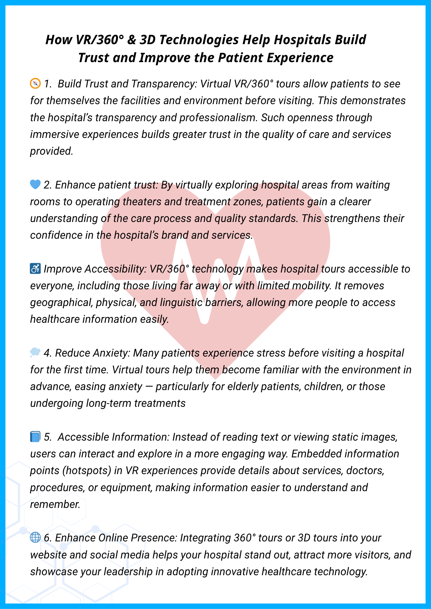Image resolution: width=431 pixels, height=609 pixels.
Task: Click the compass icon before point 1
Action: pos(35,83)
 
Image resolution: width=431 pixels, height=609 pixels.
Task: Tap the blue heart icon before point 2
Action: pos(35,185)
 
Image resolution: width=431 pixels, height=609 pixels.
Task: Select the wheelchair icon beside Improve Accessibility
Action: pos(35,269)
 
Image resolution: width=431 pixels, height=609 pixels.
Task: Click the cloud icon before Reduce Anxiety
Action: pos(35,353)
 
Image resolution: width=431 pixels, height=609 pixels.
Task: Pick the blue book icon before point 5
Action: pos(35,437)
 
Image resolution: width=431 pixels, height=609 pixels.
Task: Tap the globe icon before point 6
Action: pos(35,538)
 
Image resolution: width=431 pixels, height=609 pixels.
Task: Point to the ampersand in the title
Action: pos(131,40)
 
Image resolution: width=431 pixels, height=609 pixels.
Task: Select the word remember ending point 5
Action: pos(55,504)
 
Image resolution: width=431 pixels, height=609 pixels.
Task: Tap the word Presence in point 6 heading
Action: pos(154,538)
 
